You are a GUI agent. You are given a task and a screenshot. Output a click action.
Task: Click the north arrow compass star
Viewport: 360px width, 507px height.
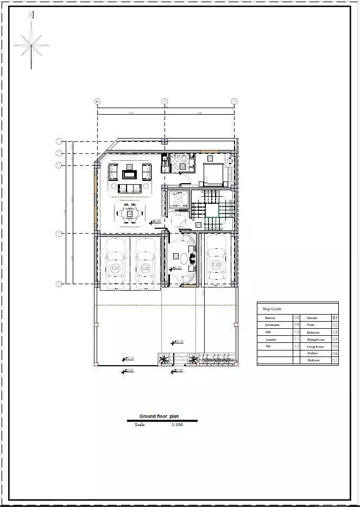[x=31, y=45]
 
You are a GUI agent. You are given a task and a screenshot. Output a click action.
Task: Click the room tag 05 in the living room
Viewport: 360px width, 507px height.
[x=129, y=166]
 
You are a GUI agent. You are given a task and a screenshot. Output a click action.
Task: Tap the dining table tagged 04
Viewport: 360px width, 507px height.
[x=130, y=213]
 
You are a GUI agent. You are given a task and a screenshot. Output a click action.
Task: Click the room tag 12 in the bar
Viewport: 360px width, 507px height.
[x=176, y=255]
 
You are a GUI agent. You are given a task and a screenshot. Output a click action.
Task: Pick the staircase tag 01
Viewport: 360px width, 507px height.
[x=199, y=224]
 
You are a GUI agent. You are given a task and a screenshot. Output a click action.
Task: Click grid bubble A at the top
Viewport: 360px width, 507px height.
[x=97, y=101]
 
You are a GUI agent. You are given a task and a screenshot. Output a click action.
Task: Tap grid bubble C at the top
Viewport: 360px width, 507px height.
[x=234, y=101]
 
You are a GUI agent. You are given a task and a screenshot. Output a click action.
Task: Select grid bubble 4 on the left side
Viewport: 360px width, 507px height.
[x=59, y=234]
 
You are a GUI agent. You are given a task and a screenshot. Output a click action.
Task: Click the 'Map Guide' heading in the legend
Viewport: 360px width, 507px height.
[x=272, y=309]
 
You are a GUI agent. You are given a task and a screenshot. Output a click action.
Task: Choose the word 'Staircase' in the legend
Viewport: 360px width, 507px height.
[x=312, y=318]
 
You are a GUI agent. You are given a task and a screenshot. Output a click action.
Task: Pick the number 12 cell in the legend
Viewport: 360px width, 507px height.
[x=296, y=346]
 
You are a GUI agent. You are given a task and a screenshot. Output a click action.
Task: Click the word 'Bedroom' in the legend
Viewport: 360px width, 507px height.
[x=314, y=360]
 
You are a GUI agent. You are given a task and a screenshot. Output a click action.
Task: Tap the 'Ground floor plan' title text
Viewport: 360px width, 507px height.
[x=159, y=416]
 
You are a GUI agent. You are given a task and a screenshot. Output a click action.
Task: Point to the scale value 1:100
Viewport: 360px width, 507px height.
[x=178, y=424]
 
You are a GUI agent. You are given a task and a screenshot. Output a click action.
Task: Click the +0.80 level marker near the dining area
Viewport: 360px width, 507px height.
[x=157, y=221]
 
